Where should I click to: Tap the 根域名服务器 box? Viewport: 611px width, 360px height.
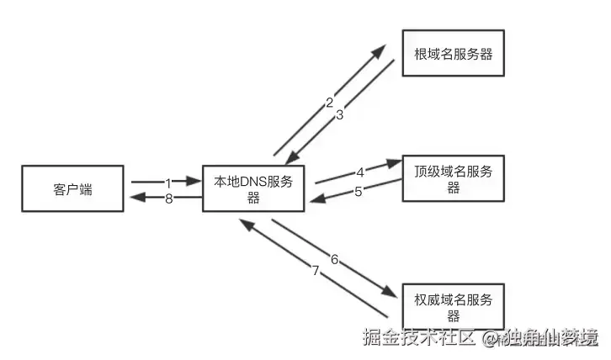tap(453, 54)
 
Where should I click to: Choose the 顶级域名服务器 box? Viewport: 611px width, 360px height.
tap(453, 178)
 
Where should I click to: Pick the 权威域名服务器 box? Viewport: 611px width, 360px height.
tap(453, 306)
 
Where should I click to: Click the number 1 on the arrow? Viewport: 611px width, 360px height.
tap(168, 182)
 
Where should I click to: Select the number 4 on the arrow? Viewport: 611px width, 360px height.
tap(360, 172)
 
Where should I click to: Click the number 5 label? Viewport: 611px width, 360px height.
tap(358, 191)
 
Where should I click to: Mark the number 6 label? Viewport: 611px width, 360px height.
tap(334, 260)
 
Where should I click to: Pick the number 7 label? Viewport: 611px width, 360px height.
tap(316, 271)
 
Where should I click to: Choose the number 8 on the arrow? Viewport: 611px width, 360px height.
tap(168, 199)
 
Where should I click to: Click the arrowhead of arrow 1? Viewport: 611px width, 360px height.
tap(196, 181)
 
